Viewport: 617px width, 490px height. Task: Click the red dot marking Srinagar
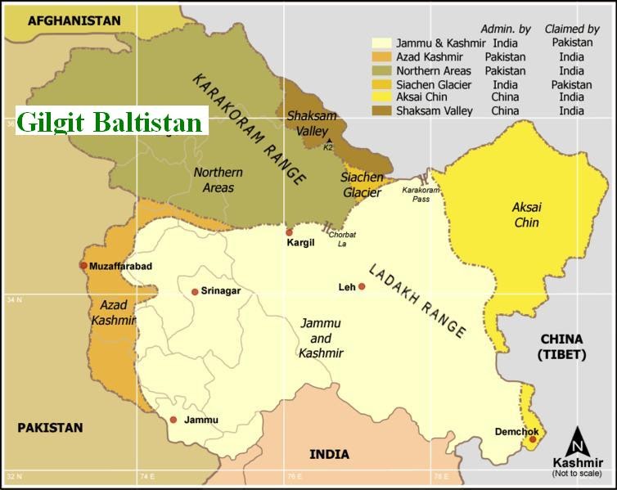[x=195, y=292]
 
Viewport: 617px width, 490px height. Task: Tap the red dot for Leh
[x=361, y=287]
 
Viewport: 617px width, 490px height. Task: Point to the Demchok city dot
[x=533, y=439]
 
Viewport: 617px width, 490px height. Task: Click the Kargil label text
[x=300, y=243]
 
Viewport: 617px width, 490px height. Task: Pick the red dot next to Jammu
[x=173, y=420]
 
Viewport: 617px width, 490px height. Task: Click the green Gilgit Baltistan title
[x=110, y=123]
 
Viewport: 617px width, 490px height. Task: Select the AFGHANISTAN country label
[x=74, y=20]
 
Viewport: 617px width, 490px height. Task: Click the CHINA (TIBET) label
[x=561, y=346]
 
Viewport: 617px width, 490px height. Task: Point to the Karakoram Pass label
[x=421, y=194]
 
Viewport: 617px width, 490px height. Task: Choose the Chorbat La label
[x=342, y=238]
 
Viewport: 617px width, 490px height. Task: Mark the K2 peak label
[x=328, y=147]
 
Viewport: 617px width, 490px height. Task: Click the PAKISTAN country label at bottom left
[x=51, y=427]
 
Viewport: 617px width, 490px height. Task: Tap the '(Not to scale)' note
[x=577, y=474]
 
